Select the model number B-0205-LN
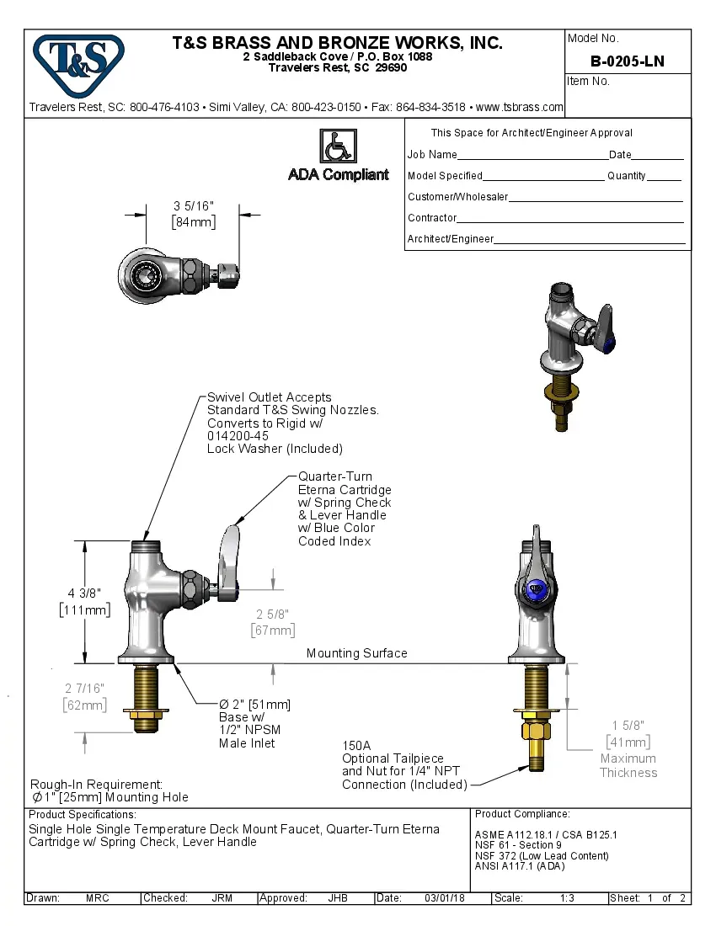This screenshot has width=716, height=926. pyautogui.click(x=627, y=61)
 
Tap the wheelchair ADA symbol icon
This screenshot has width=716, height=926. pyautogui.click(x=338, y=146)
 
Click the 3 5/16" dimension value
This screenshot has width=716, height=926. pyautogui.click(x=194, y=206)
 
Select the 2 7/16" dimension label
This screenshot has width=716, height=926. pyautogui.click(x=84, y=689)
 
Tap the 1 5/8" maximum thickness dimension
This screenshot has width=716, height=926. pyautogui.click(x=628, y=726)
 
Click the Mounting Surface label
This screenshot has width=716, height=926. pyautogui.click(x=356, y=653)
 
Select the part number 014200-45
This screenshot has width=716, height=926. pyautogui.click(x=238, y=436)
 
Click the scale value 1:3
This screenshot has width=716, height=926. pyautogui.click(x=568, y=898)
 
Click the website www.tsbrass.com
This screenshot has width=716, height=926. pyautogui.click(x=519, y=108)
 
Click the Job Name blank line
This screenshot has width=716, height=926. pyautogui.click(x=532, y=155)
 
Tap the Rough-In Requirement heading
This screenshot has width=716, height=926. pyautogui.click(x=96, y=784)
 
